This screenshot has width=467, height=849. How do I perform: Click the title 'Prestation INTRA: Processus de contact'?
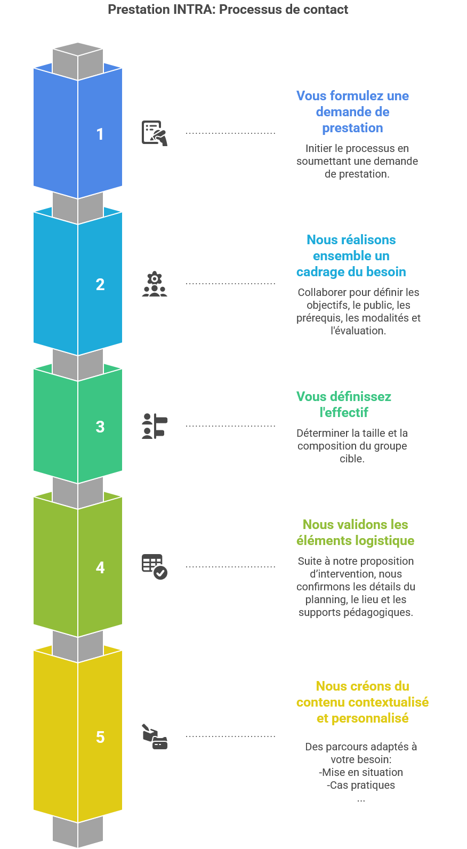pos(228,10)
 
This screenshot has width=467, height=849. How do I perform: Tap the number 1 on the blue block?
pos(100,134)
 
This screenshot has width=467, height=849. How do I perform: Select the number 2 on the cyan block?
pos(100,284)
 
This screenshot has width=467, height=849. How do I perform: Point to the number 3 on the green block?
pos(100,426)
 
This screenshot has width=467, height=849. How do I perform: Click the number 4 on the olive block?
pos(100,567)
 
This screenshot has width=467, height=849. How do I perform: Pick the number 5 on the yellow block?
pos(100,736)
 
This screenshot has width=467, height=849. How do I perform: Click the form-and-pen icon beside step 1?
pos(155,133)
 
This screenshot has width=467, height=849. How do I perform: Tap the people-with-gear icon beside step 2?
pos(155,284)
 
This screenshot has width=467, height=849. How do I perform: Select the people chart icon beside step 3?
pos(155,426)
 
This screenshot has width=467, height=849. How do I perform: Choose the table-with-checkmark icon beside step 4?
pos(155,566)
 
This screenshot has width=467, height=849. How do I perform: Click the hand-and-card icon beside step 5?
pos(155,736)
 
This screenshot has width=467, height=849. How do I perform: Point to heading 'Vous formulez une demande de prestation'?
pos(352,112)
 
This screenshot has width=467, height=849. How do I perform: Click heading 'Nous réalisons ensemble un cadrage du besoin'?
pos(351,256)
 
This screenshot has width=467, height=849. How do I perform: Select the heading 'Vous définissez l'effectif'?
pos(344,404)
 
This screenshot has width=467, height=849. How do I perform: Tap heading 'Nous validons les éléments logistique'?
pos(355,533)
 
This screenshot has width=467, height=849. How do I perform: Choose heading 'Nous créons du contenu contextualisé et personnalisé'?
pos(363,702)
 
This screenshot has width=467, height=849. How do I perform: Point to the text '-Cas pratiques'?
pos(361,785)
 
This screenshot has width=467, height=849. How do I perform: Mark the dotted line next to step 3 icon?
pos(230,426)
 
